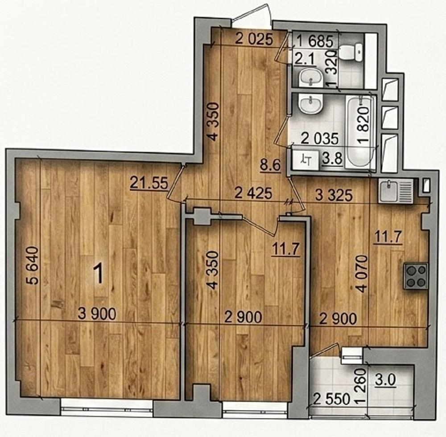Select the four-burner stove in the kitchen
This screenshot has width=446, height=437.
click(416, 277)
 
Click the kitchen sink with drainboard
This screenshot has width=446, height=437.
click(395, 191)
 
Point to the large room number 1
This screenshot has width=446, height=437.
click(99, 274)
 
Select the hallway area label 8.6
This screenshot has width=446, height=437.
click(270, 166)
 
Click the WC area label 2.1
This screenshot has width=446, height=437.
click(304, 60)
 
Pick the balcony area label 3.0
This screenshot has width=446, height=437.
click(385, 380)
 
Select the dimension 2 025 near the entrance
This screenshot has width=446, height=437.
click(254, 39)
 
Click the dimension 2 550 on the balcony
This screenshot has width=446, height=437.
click(332, 399)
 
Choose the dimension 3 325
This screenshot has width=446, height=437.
click(334, 195)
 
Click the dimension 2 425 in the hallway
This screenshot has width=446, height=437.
click(253, 193)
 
